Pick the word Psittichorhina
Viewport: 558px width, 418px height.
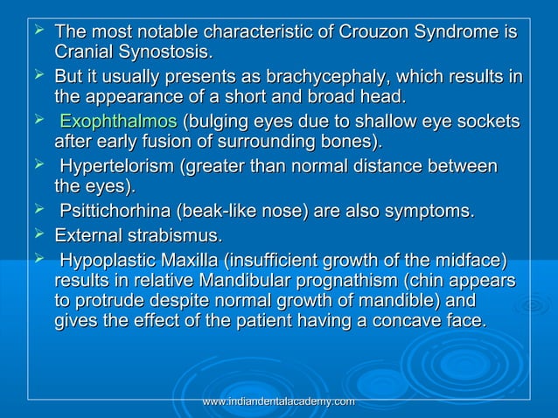(x=118, y=212)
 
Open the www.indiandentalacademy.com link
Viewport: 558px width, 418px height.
(x=278, y=401)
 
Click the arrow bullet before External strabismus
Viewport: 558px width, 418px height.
(x=38, y=233)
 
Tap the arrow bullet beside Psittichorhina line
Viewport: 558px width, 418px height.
(x=38, y=210)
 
